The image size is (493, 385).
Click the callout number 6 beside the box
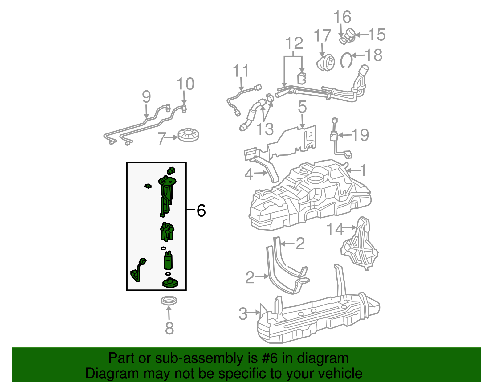[201, 211]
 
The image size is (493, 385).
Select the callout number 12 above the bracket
[294, 43]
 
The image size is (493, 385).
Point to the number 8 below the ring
[169, 328]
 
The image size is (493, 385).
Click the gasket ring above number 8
[169, 300]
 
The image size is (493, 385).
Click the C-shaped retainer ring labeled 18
[346, 60]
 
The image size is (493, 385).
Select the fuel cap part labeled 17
[326, 63]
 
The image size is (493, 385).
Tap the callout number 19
[360, 135]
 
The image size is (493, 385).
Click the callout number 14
[335, 229]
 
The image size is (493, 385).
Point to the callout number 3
[243, 314]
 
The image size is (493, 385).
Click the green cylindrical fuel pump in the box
[168, 261]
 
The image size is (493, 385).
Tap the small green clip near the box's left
[148, 186]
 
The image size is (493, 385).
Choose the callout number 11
[241, 71]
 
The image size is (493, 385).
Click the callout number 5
[302, 107]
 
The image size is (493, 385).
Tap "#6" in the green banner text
[270, 358]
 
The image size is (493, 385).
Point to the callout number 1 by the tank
[364, 170]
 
